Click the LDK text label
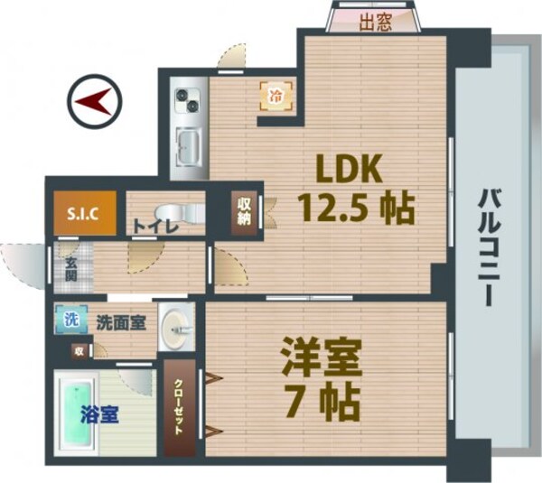point(350,169)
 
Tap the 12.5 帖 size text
point(356,209)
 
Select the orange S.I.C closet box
point(83,216)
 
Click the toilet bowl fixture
point(186,212)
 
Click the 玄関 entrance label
point(70,269)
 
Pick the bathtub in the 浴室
point(76,416)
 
